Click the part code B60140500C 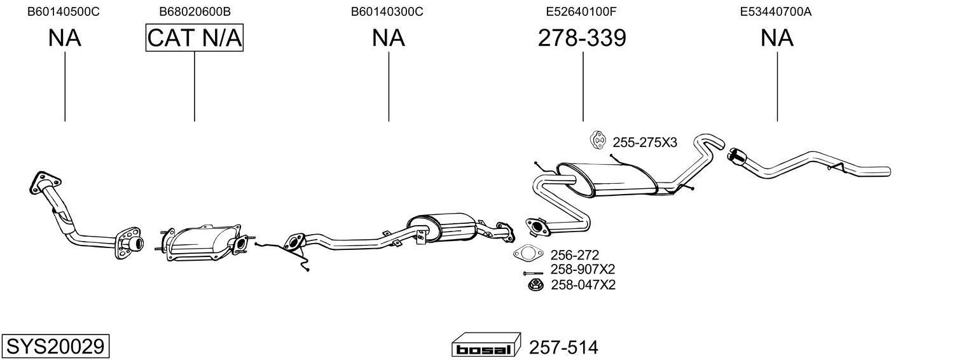coord(64,11)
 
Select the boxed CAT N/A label coord(195,38)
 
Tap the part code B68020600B coord(195,11)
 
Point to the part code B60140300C coord(387,11)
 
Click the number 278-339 coord(582,38)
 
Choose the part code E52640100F coord(582,11)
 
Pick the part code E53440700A coord(776,11)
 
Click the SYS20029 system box coord(55,347)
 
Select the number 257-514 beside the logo coord(563,348)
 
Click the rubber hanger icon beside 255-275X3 coord(598,141)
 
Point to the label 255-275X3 coord(645,142)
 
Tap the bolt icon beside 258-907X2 coord(532,272)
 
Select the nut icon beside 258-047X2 coord(534,284)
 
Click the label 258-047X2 coord(583,285)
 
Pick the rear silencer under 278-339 coord(611,178)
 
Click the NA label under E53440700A coord(776,38)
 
